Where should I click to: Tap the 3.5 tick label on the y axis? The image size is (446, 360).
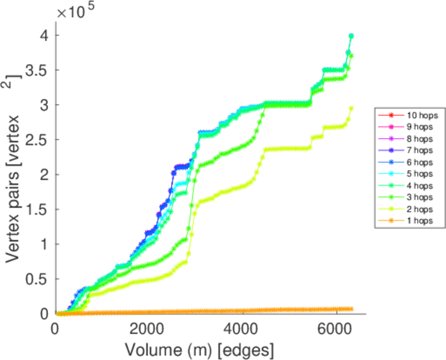(x=39, y=70)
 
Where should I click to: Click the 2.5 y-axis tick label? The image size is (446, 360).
(x=39, y=140)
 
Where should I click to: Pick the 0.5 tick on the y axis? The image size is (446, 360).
(x=39, y=279)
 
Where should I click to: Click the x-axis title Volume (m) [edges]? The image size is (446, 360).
(x=199, y=347)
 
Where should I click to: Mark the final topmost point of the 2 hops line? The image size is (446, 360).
(x=351, y=109)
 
